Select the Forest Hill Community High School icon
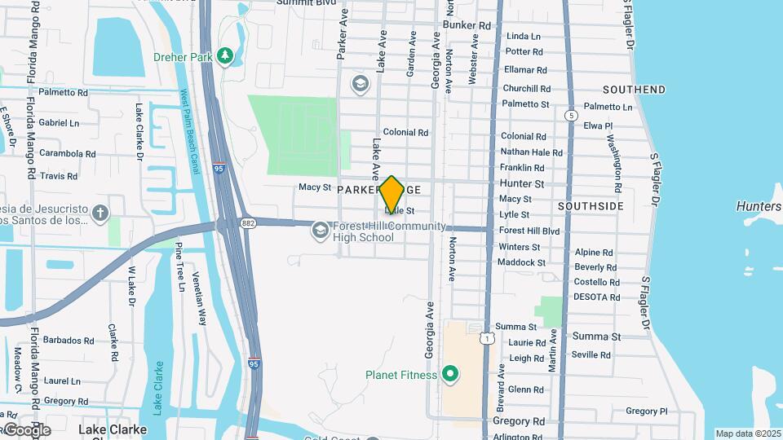321,232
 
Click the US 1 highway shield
487,337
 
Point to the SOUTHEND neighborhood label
634,90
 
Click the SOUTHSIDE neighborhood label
591,206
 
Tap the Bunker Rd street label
467,25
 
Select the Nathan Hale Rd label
531,152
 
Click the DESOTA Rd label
597,297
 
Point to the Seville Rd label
591,354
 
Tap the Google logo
27,430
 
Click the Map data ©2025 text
748,433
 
